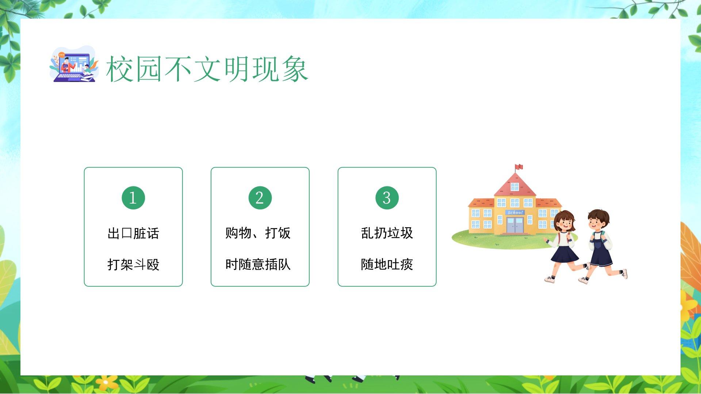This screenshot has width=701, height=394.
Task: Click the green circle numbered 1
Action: click(133, 198)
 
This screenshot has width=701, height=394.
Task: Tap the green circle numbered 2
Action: click(260, 198)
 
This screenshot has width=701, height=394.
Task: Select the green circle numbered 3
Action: click(387, 198)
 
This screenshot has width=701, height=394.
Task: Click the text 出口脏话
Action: click(133, 233)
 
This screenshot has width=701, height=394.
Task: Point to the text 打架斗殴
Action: click(133, 264)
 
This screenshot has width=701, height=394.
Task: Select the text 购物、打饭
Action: click(258, 233)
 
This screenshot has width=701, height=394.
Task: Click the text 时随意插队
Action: click(258, 264)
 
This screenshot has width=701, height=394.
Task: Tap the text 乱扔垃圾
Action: click(387, 233)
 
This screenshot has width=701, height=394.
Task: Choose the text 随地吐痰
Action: click(387, 264)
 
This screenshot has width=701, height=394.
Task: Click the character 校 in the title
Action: click(120, 69)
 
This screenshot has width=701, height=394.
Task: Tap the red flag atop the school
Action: click(519, 167)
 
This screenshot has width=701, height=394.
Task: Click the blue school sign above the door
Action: click(515, 212)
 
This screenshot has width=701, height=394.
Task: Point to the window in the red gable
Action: click(515, 187)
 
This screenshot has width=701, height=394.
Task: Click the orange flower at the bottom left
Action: click(106, 382)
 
